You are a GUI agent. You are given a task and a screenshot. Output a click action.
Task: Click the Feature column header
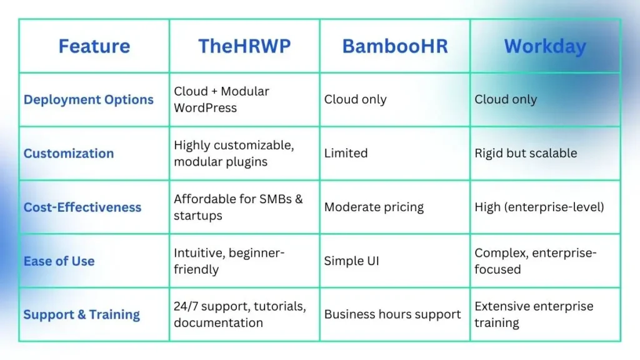click(94, 46)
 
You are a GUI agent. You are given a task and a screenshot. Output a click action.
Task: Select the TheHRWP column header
click(244, 46)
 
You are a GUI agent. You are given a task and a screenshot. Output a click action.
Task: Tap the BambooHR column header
click(395, 46)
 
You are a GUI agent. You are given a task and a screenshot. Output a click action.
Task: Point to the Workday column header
click(545, 46)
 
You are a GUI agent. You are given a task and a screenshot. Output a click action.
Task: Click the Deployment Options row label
click(89, 99)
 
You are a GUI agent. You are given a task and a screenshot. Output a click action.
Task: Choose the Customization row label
click(69, 154)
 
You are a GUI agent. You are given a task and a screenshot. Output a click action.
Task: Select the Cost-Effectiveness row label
click(82, 207)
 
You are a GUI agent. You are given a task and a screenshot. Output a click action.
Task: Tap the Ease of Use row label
click(59, 261)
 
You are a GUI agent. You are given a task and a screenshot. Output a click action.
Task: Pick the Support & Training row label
click(82, 315)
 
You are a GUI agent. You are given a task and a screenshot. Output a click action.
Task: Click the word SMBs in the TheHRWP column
click(275, 199)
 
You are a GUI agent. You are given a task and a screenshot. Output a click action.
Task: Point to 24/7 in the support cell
click(186, 306)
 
